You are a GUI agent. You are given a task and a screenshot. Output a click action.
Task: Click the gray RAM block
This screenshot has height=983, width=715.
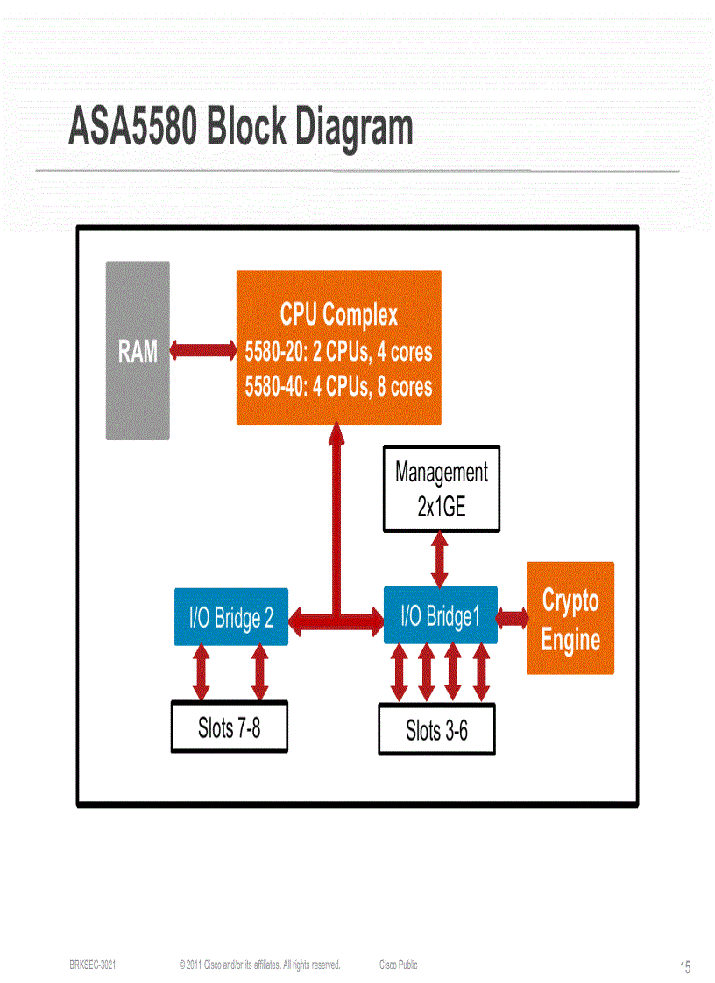click(138, 350)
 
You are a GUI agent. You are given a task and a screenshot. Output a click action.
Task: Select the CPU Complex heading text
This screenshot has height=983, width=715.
click(338, 314)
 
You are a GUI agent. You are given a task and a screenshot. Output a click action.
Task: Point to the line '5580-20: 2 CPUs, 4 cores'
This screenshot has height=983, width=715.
click(338, 352)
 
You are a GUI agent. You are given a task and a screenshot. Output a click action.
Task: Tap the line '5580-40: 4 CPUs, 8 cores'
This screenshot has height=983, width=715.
click(338, 386)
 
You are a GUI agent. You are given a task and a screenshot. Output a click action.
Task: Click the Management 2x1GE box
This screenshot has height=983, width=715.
click(441, 488)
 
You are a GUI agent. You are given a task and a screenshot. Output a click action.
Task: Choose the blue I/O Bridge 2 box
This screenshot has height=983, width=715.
click(231, 618)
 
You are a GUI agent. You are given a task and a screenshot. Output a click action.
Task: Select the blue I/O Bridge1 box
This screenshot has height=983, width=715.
click(440, 616)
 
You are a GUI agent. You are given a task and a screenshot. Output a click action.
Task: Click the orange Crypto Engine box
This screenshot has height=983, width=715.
click(570, 618)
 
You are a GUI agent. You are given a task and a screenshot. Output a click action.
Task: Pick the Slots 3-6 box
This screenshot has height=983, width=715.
click(436, 730)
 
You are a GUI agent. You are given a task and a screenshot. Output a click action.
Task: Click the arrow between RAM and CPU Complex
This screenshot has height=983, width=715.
click(202, 350)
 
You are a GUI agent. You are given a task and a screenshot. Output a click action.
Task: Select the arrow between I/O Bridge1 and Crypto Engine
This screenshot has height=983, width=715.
click(512, 618)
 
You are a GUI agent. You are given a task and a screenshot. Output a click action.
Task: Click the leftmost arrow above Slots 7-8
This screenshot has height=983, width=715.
click(202, 672)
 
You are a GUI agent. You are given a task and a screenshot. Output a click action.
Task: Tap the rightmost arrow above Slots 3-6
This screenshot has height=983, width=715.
click(480, 672)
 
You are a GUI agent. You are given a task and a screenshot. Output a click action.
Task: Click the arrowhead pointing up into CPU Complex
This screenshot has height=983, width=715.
click(335, 434)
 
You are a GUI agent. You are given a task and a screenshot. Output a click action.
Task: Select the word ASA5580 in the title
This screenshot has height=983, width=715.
click(132, 128)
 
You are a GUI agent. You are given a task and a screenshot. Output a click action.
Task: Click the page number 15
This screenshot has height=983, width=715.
click(684, 967)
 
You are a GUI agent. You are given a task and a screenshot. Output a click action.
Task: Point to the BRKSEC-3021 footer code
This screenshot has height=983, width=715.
click(92, 965)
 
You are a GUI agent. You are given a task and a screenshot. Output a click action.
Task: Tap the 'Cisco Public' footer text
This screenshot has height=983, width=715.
click(399, 965)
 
